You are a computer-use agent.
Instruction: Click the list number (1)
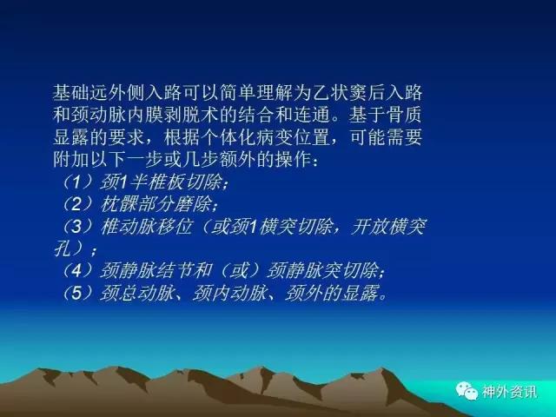(x=77, y=182)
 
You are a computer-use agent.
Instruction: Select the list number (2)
(x=77, y=205)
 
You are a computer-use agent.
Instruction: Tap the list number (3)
(x=77, y=227)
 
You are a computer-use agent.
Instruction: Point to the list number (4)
(x=77, y=271)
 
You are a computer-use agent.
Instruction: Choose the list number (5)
(x=77, y=294)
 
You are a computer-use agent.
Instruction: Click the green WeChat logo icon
(x=467, y=391)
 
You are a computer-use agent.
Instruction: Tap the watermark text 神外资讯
(x=509, y=392)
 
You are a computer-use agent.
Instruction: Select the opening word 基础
(x=71, y=93)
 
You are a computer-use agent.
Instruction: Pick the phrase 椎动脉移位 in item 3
(x=146, y=227)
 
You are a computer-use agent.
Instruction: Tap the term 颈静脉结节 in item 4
(x=146, y=271)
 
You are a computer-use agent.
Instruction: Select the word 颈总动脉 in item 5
(x=137, y=294)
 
